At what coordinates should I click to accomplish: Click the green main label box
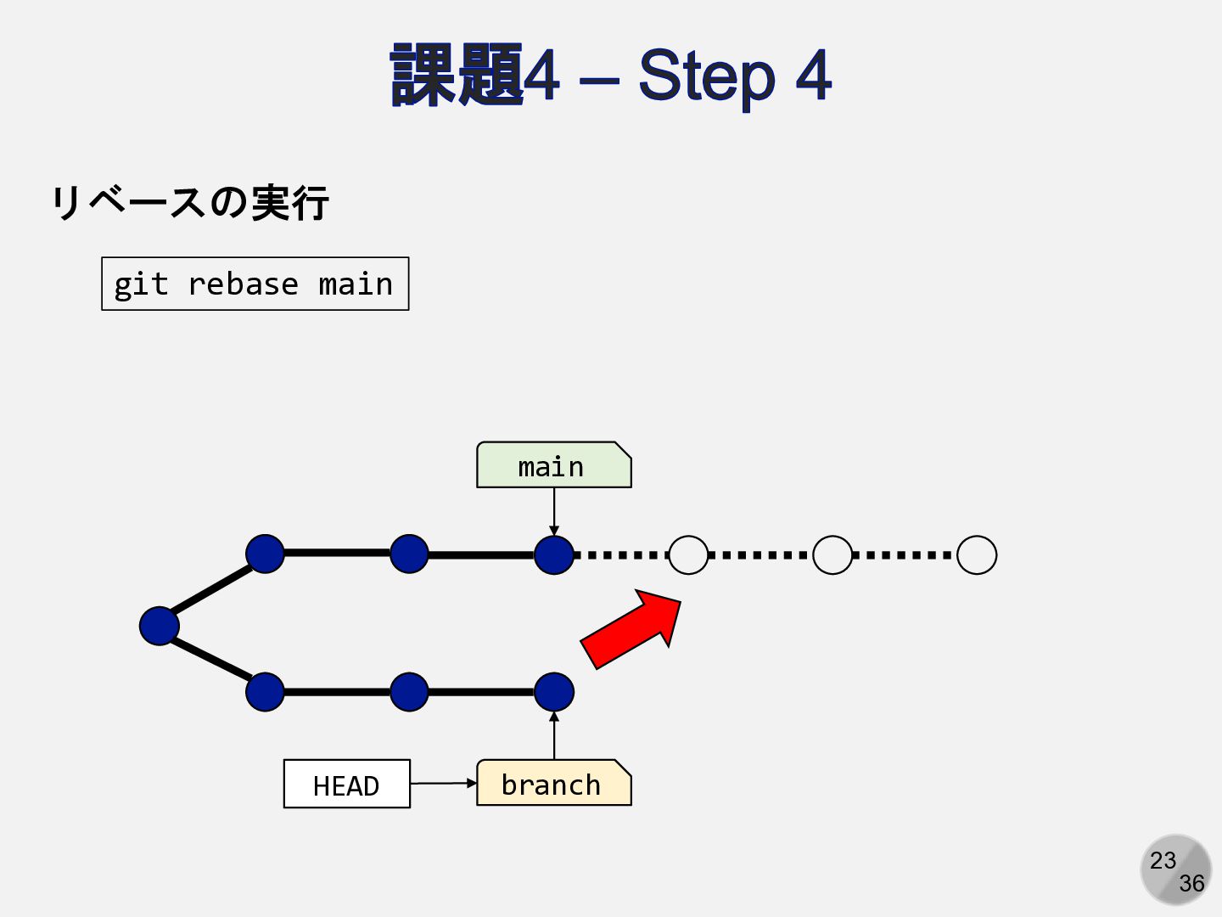[x=554, y=465]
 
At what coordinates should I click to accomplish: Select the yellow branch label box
[x=554, y=782]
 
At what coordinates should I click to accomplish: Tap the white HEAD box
[x=347, y=784]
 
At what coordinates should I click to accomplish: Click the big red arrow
[x=631, y=629]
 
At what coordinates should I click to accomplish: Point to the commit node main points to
[x=554, y=554]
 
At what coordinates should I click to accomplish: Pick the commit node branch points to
[x=554, y=692]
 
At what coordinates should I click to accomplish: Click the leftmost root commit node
[x=160, y=626]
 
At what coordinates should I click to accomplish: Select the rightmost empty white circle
[x=977, y=554]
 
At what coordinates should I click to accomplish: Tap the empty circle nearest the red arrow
[x=689, y=554]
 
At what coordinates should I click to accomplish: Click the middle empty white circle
[x=832, y=554]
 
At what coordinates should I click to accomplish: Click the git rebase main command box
[x=255, y=284]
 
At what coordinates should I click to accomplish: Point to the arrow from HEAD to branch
[x=444, y=784]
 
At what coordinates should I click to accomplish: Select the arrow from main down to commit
[x=554, y=512]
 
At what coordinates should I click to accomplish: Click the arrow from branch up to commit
[x=554, y=735]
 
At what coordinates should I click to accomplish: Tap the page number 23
[x=1163, y=860]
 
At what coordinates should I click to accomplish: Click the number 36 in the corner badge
[x=1192, y=884]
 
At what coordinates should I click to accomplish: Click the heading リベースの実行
[x=190, y=203]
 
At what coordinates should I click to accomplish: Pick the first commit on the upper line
[x=265, y=554]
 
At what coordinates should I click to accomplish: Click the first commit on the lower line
[x=265, y=691]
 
